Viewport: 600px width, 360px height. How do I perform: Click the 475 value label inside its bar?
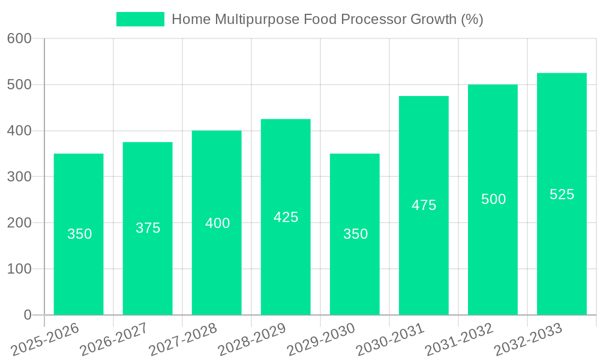pyautogui.click(x=424, y=205)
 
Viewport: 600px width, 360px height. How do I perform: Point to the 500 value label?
pyautogui.click(x=493, y=199)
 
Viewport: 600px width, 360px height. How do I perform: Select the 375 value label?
pyautogui.click(x=148, y=228)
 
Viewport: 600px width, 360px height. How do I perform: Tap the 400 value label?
pyautogui.click(x=217, y=223)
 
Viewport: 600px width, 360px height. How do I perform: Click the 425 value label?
pyautogui.click(x=286, y=217)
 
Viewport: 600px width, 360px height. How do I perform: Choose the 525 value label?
pyautogui.click(x=562, y=194)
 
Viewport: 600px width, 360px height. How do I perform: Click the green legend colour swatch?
pyautogui.click(x=140, y=19)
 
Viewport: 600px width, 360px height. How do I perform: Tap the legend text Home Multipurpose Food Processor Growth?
pyautogui.click(x=327, y=19)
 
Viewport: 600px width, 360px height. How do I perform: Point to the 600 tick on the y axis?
pyautogui.click(x=19, y=38)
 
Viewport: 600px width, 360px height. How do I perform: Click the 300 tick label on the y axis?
pyautogui.click(x=19, y=176)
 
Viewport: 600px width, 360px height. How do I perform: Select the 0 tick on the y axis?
pyautogui.click(x=28, y=315)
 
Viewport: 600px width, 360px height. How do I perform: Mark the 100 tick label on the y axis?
pyautogui.click(x=19, y=269)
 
